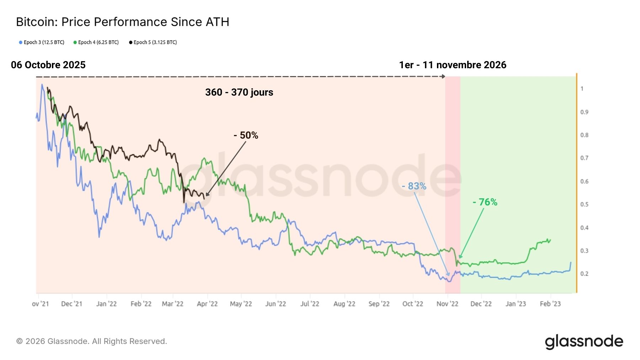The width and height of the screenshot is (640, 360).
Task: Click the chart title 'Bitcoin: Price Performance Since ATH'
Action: tap(123, 22)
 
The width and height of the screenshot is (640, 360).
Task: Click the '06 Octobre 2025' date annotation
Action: tap(48, 65)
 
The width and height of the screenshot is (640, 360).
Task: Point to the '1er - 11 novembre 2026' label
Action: tap(453, 65)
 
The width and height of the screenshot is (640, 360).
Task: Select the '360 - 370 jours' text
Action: tap(239, 92)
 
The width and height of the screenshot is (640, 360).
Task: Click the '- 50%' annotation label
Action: tap(246, 135)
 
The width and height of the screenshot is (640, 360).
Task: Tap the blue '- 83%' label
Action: tap(414, 186)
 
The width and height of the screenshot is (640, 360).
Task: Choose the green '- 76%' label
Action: tap(485, 202)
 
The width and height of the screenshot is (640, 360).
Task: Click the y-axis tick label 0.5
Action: tap(584, 205)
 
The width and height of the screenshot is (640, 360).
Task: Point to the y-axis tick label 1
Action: tap(582, 89)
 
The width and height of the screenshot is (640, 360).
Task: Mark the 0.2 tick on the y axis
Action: tap(584, 274)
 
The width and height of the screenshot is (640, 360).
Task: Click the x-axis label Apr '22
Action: tap(207, 304)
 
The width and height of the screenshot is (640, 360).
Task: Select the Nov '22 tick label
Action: tap(447, 304)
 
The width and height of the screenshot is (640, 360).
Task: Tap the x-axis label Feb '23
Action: tap(550, 304)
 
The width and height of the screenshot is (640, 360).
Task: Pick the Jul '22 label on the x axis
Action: tap(310, 304)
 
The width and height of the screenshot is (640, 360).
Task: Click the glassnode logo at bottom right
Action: tap(584, 342)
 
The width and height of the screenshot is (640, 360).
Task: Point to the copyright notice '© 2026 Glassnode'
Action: tap(91, 342)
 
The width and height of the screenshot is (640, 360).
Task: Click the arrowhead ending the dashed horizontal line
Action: tap(443, 76)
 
